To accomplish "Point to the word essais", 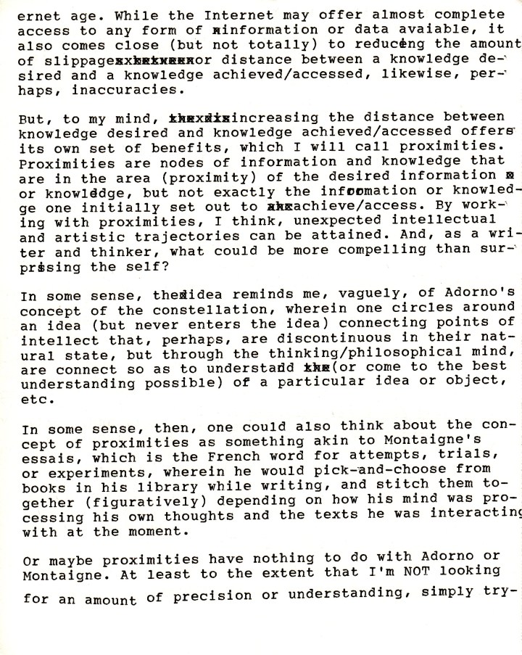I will [x=43, y=456].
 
